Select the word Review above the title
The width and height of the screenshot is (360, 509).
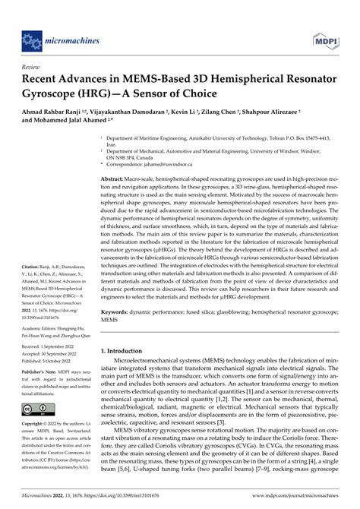pyautogui.click(x=34, y=67)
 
